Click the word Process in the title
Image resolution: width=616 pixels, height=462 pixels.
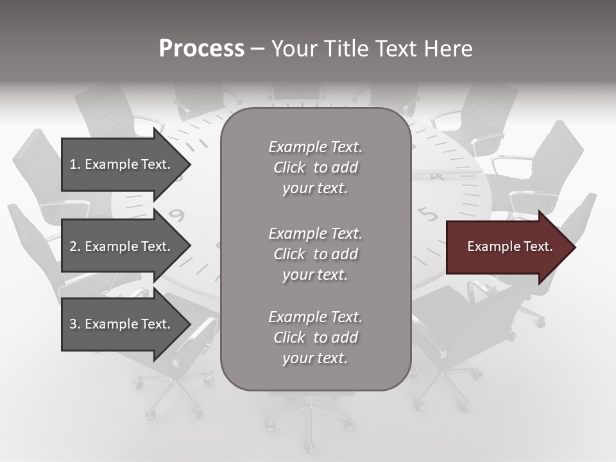(x=201, y=49)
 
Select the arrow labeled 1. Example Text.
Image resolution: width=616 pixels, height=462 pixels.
(x=122, y=164)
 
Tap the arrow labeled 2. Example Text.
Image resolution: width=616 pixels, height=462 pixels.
(x=122, y=246)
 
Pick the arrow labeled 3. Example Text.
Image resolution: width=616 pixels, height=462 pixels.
(x=122, y=324)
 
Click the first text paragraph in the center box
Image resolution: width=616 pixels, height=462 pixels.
(x=315, y=167)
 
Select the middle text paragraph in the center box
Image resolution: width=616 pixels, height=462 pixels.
(x=315, y=254)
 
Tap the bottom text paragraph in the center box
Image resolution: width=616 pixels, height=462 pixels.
(x=315, y=338)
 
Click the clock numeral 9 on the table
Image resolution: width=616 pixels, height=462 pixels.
(x=178, y=215)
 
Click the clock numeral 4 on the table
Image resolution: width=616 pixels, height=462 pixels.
(x=438, y=176)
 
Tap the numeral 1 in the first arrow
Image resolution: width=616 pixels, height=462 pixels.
(x=73, y=164)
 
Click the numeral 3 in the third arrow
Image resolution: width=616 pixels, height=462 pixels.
(x=73, y=324)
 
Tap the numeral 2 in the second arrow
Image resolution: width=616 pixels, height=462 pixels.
(x=73, y=246)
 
